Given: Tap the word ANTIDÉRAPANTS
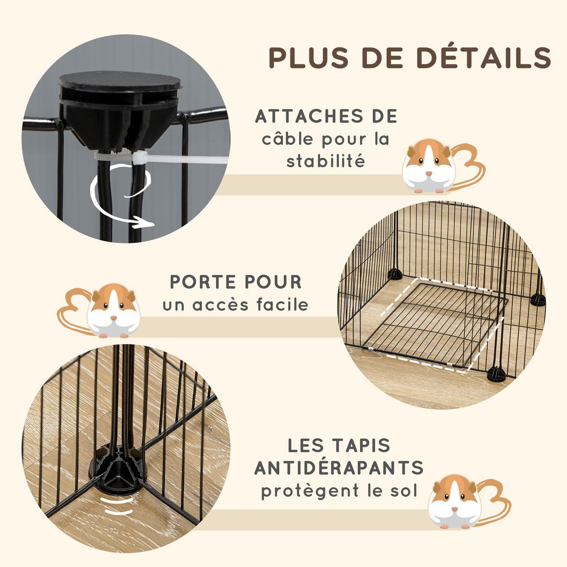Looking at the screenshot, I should coord(339,468).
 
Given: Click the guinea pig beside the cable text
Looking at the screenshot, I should coord(428,165).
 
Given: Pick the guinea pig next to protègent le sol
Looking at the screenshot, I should coord(454,501).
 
